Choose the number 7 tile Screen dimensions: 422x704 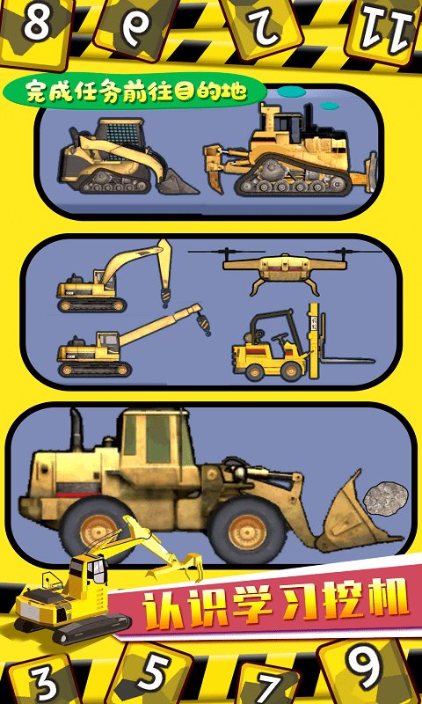[x=268, y=685]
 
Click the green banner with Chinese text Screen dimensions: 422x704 [x=135, y=92]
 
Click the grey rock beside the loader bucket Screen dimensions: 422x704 [x=386, y=498]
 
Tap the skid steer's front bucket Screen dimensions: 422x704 [x=176, y=184]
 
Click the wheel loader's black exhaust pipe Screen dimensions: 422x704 [x=76, y=431]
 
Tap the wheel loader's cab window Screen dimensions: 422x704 [x=158, y=437]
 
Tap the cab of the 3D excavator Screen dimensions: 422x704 [x=90, y=573]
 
